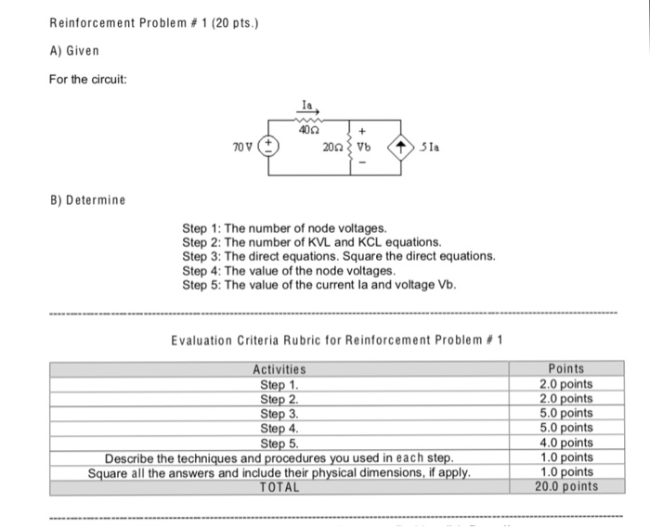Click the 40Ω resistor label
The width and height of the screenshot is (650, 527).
click(305, 131)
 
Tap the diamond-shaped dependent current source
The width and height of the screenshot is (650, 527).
click(400, 147)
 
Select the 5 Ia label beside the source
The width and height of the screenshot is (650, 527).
click(427, 147)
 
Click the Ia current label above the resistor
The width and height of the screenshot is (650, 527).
click(305, 108)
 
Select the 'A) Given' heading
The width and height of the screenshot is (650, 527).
click(74, 49)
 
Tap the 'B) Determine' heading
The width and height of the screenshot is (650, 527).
click(87, 199)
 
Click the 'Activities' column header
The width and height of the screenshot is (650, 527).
click(279, 370)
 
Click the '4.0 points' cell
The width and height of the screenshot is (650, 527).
click(565, 443)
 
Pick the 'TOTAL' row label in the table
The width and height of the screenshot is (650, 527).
click(279, 486)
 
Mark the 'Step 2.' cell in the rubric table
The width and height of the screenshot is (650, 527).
click(279, 399)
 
